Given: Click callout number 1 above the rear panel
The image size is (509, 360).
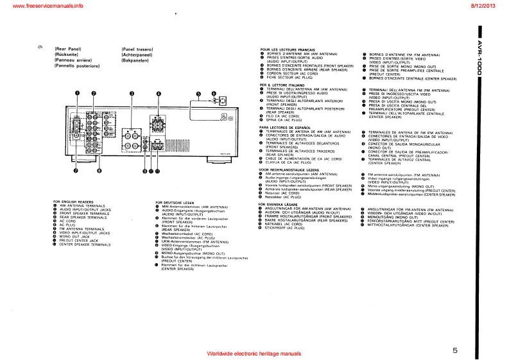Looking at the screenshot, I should pyautogui.click(x=76, y=94).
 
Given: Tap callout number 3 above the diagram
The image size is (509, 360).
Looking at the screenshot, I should pyautogui.click(x=131, y=94).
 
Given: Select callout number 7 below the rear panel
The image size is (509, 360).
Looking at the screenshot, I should pyautogui.click(x=76, y=171).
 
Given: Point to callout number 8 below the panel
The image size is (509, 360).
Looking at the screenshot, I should pyautogui.click(x=99, y=171).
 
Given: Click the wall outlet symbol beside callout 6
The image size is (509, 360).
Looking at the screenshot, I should pyautogui.click(x=222, y=101).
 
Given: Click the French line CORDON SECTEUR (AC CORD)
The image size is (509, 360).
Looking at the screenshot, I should pyautogui.click(x=291, y=73).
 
